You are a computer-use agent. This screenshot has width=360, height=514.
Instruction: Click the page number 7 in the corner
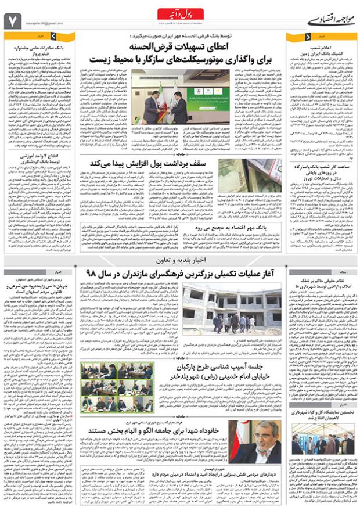[x=13, y=21]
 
